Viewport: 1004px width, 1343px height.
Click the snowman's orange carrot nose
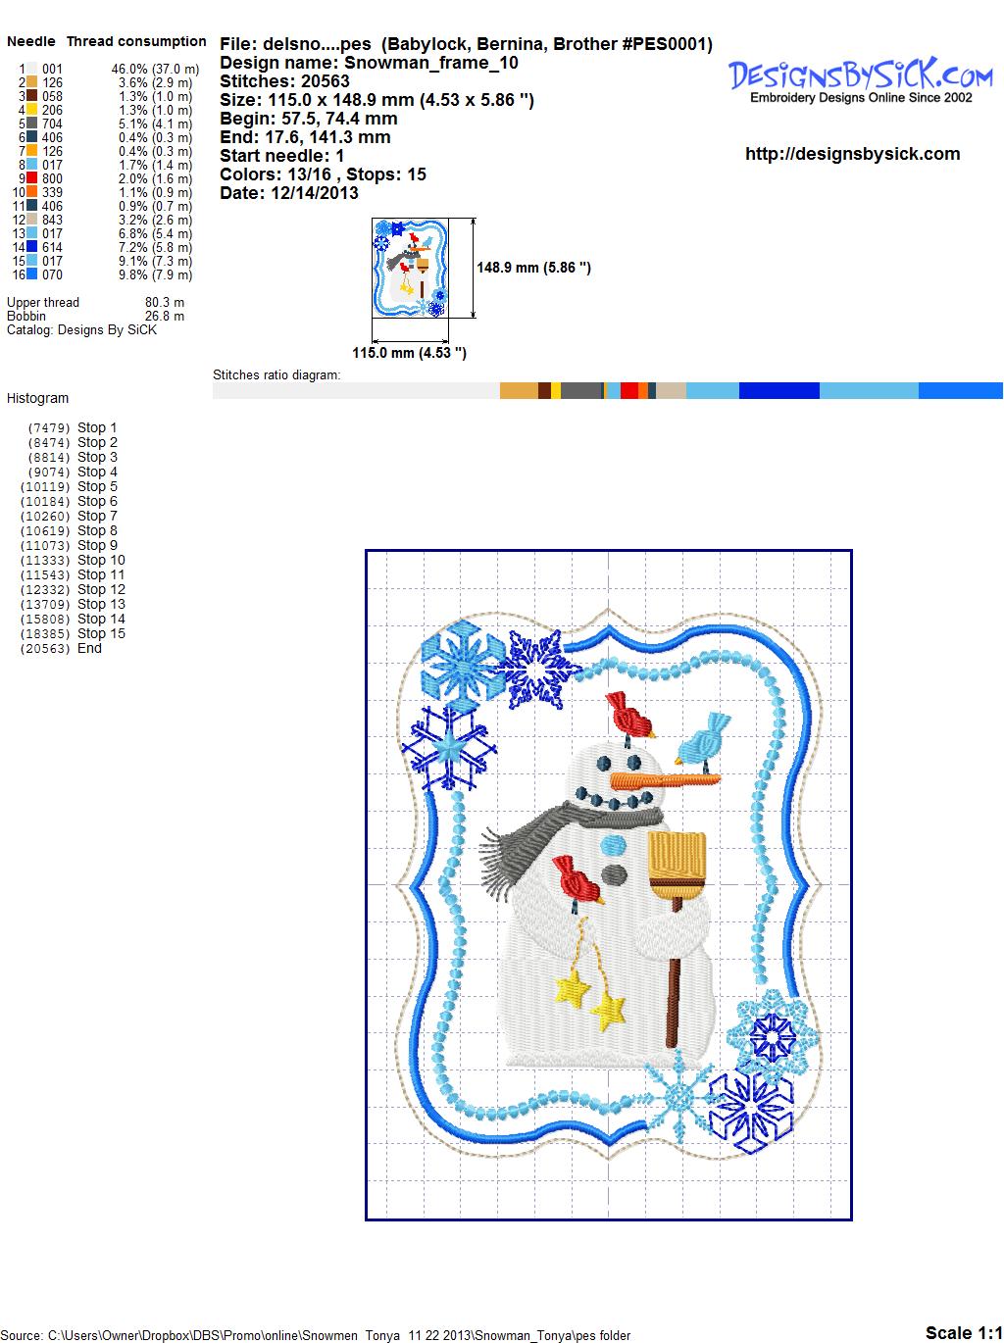(665, 779)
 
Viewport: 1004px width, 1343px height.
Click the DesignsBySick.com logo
(860, 80)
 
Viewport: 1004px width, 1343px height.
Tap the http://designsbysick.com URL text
(852, 154)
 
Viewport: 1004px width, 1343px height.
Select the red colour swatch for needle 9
(31, 178)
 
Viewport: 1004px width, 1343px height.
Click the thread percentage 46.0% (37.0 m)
(155, 70)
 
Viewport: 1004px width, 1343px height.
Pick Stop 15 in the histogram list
(101, 633)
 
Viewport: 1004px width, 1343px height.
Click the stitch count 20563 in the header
(325, 81)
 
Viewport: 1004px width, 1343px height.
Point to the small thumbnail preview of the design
(410, 268)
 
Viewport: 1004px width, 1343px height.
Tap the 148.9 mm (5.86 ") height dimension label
(533, 268)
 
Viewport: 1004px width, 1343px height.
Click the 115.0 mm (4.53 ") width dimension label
(409, 353)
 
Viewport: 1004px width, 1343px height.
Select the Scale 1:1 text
(964, 1332)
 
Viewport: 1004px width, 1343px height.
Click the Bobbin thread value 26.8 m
(164, 316)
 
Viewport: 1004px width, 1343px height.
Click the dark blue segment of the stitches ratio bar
(778, 390)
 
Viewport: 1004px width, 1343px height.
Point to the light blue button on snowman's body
(614, 846)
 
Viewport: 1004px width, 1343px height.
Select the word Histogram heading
(37, 398)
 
